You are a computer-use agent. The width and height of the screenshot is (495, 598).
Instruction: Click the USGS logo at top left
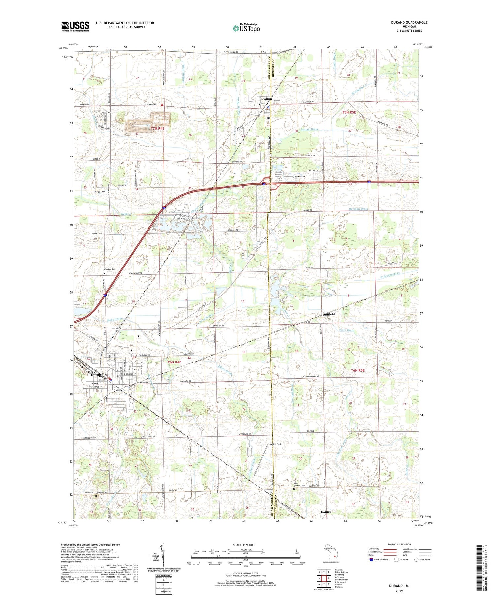pyautogui.click(x=75, y=26)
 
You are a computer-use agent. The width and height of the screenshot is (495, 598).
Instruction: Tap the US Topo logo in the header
pyautogui.click(x=246, y=28)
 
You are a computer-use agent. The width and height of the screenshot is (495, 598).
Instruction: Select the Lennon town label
pyautogui.click(x=266, y=99)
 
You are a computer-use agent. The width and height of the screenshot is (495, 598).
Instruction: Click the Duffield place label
pyautogui.click(x=328, y=315)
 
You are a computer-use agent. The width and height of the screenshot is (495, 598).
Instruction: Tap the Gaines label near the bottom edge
pyautogui.click(x=326, y=512)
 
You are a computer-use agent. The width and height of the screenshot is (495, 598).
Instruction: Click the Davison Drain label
pyautogui.click(x=358, y=209)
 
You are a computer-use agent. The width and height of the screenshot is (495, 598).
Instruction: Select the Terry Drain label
pyautogui.click(x=346, y=330)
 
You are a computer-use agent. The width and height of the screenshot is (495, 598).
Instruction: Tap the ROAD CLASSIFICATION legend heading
pyautogui.click(x=399, y=544)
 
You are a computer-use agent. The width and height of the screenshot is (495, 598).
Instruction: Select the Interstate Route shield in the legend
pyautogui.click(x=371, y=560)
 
